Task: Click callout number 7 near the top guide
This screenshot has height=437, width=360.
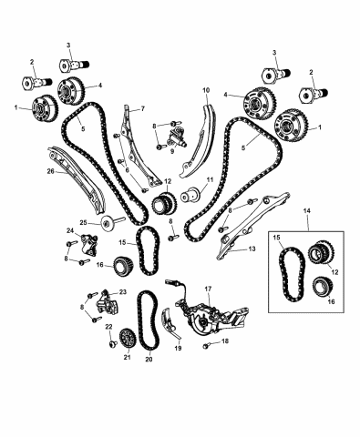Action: click(142, 110)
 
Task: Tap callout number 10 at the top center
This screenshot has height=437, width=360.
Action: click(206, 91)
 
